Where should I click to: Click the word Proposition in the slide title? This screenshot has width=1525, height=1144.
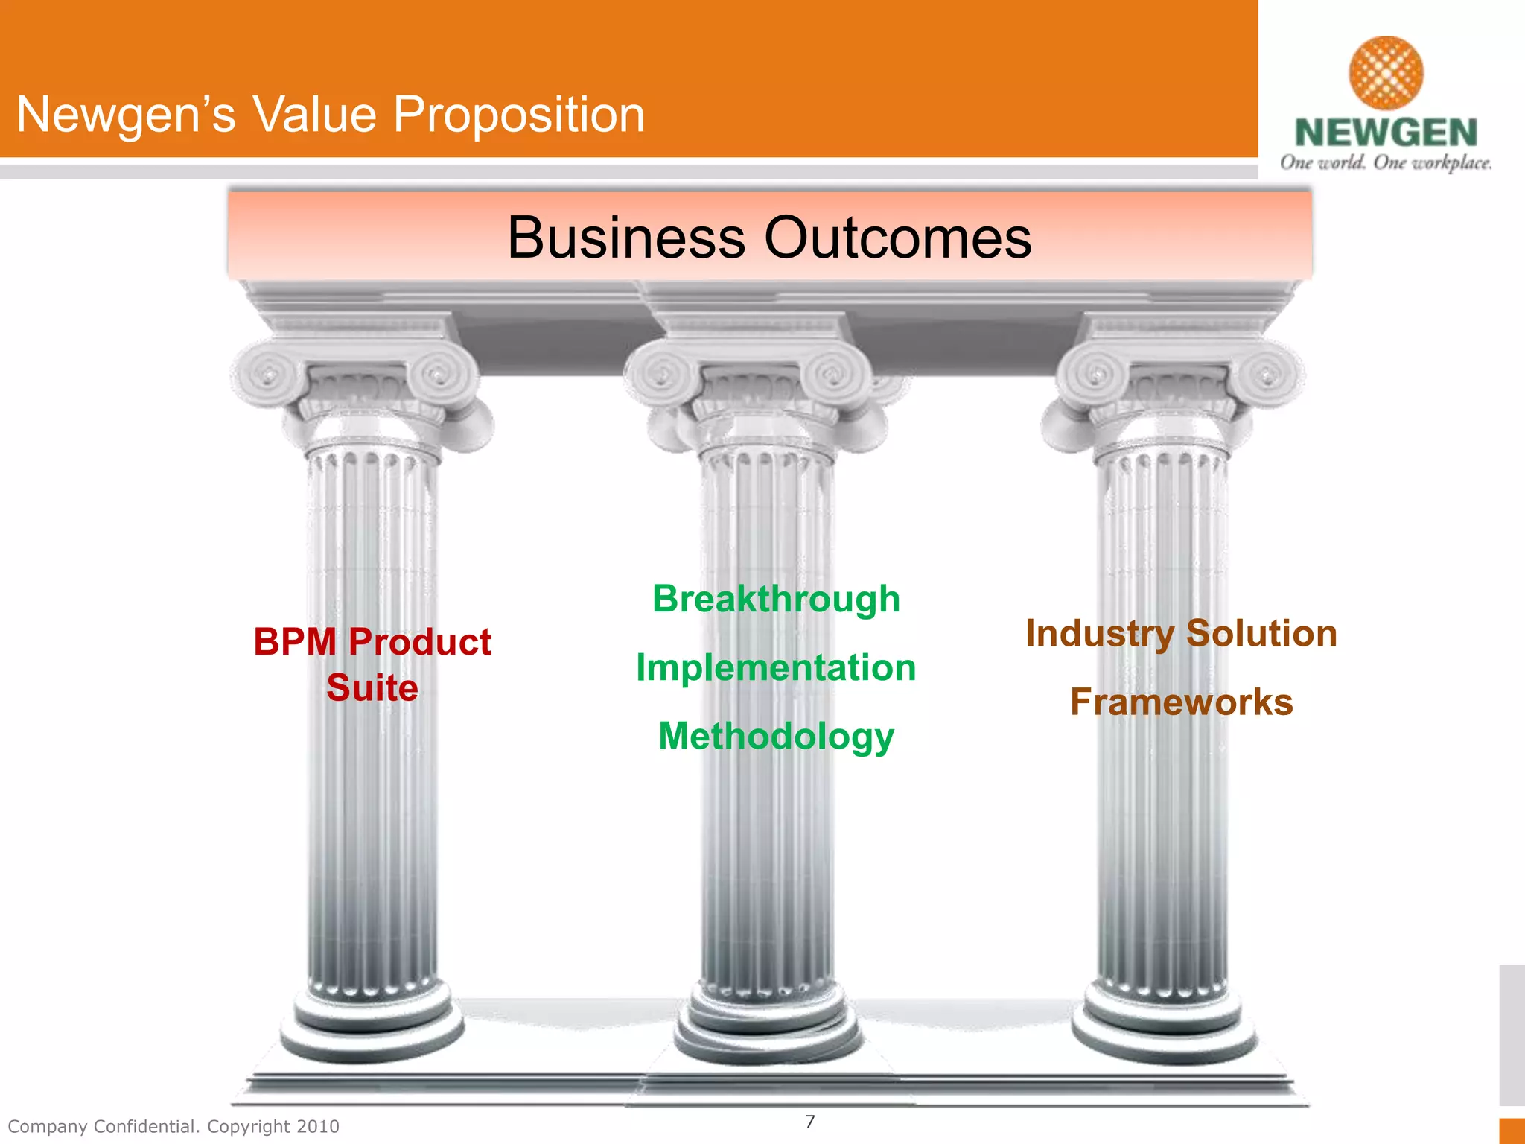(x=518, y=116)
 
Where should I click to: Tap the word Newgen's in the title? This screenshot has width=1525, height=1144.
(x=125, y=115)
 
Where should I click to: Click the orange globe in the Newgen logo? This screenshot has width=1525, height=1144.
(x=1386, y=73)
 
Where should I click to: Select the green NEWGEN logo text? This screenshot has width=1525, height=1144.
(x=1386, y=133)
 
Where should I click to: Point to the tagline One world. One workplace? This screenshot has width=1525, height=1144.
(x=1386, y=163)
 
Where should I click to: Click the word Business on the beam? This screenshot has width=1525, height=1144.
(x=625, y=238)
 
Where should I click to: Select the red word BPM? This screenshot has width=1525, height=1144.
(x=295, y=642)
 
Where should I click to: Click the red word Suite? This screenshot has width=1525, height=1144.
(x=372, y=687)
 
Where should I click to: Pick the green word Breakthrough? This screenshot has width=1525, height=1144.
(x=776, y=600)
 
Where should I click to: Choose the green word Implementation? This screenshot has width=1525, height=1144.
(x=776, y=668)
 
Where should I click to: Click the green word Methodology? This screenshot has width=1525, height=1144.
(x=776, y=737)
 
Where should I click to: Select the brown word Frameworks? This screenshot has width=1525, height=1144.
(x=1181, y=702)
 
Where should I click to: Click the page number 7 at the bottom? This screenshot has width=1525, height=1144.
(x=810, y=1121)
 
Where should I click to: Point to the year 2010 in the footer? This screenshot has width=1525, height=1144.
(x=318, y=1126)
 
